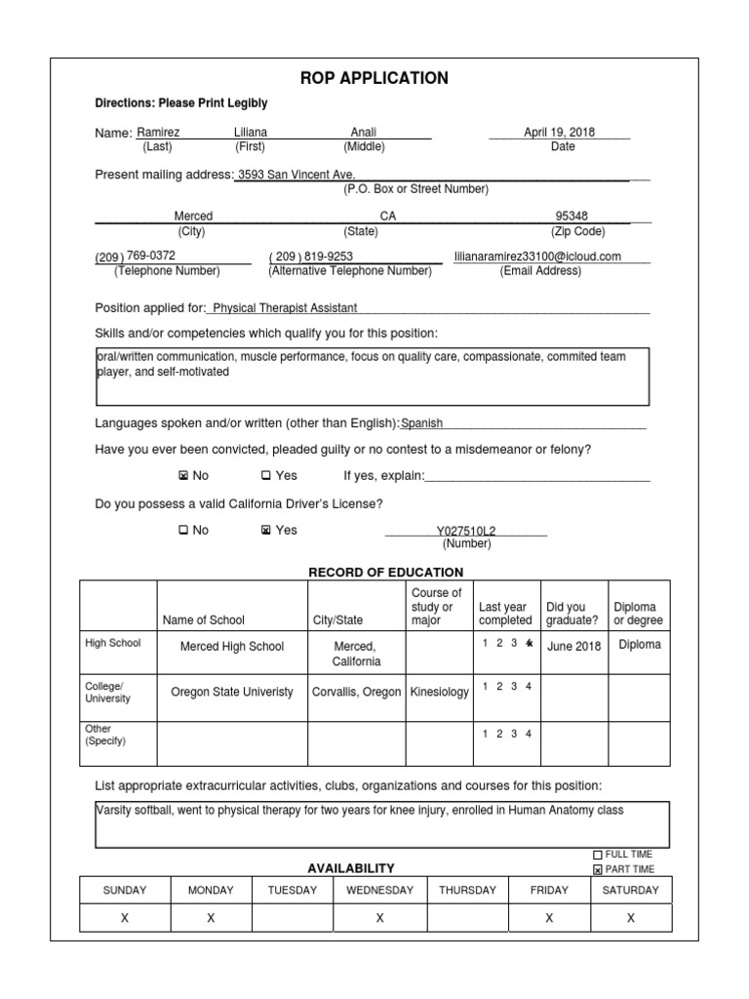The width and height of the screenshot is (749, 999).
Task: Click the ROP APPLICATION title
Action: [374, 78]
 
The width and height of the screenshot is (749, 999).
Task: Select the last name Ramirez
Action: [158, 133]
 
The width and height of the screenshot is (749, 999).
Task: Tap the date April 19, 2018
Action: [559, 133]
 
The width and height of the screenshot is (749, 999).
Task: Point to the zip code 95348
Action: [572, 217]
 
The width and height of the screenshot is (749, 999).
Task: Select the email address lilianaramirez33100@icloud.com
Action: [537, 257]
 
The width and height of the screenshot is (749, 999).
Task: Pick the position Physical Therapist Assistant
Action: [285, 308]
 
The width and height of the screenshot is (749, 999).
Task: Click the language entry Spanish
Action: [422, 423]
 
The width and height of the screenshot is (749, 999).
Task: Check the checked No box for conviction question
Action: [183, 476]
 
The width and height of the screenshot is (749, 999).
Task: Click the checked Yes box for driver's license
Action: [266, 531]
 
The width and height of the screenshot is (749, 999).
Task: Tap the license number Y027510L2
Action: [465, 532]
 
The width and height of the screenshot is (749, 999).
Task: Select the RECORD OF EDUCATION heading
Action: [385, 573]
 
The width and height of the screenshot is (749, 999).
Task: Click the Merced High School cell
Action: [232, 646]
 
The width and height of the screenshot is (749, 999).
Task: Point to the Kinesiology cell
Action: [439, 692]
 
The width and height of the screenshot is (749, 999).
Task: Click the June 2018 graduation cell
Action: [574, 646]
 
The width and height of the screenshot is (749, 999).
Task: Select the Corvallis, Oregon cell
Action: [356, 692]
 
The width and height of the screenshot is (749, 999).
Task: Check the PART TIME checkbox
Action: [598, 869]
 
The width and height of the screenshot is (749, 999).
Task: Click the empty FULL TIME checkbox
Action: [598, 855]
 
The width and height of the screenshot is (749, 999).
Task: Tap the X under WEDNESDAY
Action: [379, 918]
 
